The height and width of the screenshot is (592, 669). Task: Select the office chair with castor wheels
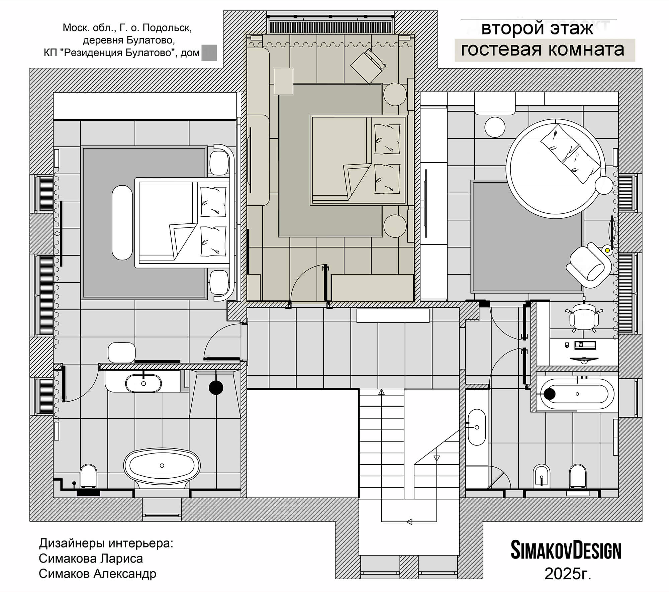[x=584, y=317]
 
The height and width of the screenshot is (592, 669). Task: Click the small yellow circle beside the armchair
[x=607, y=250]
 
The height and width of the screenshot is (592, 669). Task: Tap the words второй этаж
[x=537, y=29]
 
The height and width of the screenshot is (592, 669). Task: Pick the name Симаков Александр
[x=97, y=574]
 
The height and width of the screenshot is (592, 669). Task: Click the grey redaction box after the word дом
[x=209, y=53]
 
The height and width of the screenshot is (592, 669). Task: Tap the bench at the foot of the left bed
[x=122, y=223]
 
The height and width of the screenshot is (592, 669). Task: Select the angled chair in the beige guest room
[x=368, y=66]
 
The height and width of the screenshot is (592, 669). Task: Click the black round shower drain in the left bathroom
[x=216, y=388]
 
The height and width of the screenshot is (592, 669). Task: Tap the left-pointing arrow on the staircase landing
[x=409, y=521]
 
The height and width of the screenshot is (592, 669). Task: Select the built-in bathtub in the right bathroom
[x=577, y=394]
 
